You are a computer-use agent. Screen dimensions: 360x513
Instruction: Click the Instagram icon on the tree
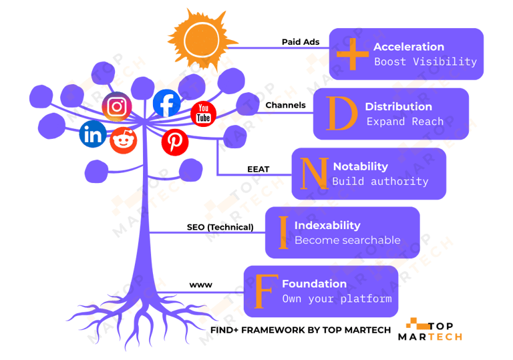(116, 107)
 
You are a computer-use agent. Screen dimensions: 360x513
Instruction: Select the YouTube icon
(204, 114)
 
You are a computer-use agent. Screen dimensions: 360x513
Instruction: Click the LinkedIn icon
(92, 136)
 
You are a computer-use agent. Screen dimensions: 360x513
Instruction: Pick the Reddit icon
(123, 140)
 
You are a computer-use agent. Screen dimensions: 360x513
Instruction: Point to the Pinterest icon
(175, 141)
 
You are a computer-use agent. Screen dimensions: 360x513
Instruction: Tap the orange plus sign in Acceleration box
(351, 54)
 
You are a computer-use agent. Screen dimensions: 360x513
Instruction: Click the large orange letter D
(342, 114)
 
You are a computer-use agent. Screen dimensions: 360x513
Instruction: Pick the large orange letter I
(283, 232)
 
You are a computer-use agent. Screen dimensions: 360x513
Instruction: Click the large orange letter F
(265, 291)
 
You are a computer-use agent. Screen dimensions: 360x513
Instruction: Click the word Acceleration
(409, 47)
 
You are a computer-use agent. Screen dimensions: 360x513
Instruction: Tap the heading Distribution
(398, 106)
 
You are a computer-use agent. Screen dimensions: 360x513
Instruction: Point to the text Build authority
(380, 181)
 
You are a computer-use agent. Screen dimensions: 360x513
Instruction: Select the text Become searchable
(347, 240)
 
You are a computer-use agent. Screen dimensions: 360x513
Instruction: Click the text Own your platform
(337, 299)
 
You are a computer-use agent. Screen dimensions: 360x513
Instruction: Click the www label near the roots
(200, 285)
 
